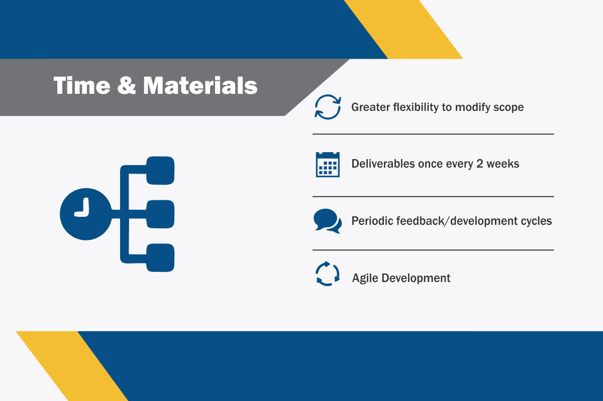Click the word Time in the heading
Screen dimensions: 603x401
82,85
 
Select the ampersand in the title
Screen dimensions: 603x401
127,85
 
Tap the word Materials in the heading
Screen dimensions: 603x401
200,85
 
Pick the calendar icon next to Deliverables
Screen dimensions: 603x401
328,164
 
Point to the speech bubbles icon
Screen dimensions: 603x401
328,221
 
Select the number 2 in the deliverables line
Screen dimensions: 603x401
480,164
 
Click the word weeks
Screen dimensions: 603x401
503,164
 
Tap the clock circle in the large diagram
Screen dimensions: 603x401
85,214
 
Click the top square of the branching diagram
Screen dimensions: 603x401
160,171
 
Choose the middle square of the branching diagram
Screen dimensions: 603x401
160,214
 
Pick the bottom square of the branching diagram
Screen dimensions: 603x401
160,257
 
